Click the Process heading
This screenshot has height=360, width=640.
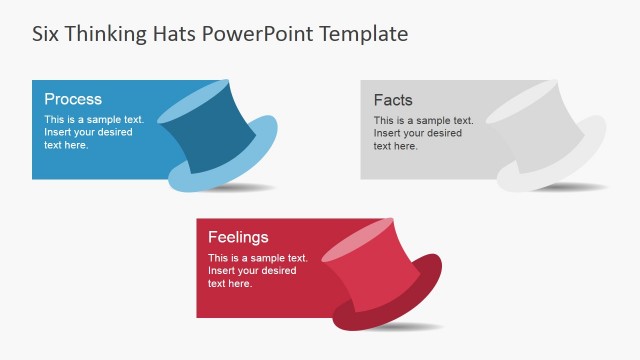[x=73, y=99]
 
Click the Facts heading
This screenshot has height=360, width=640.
[x=393, y=100]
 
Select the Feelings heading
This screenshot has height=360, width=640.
[x=238, y=237]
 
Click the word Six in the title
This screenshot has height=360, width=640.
[x=46, y=33]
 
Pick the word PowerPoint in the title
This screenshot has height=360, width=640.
[x=259, y=33]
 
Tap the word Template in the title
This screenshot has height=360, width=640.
[x=364, y=33]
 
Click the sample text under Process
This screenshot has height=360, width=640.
[x=94, y=132]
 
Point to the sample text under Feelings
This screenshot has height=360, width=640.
[x=257, y=270]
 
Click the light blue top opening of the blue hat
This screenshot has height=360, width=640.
[x=195, y=99]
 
